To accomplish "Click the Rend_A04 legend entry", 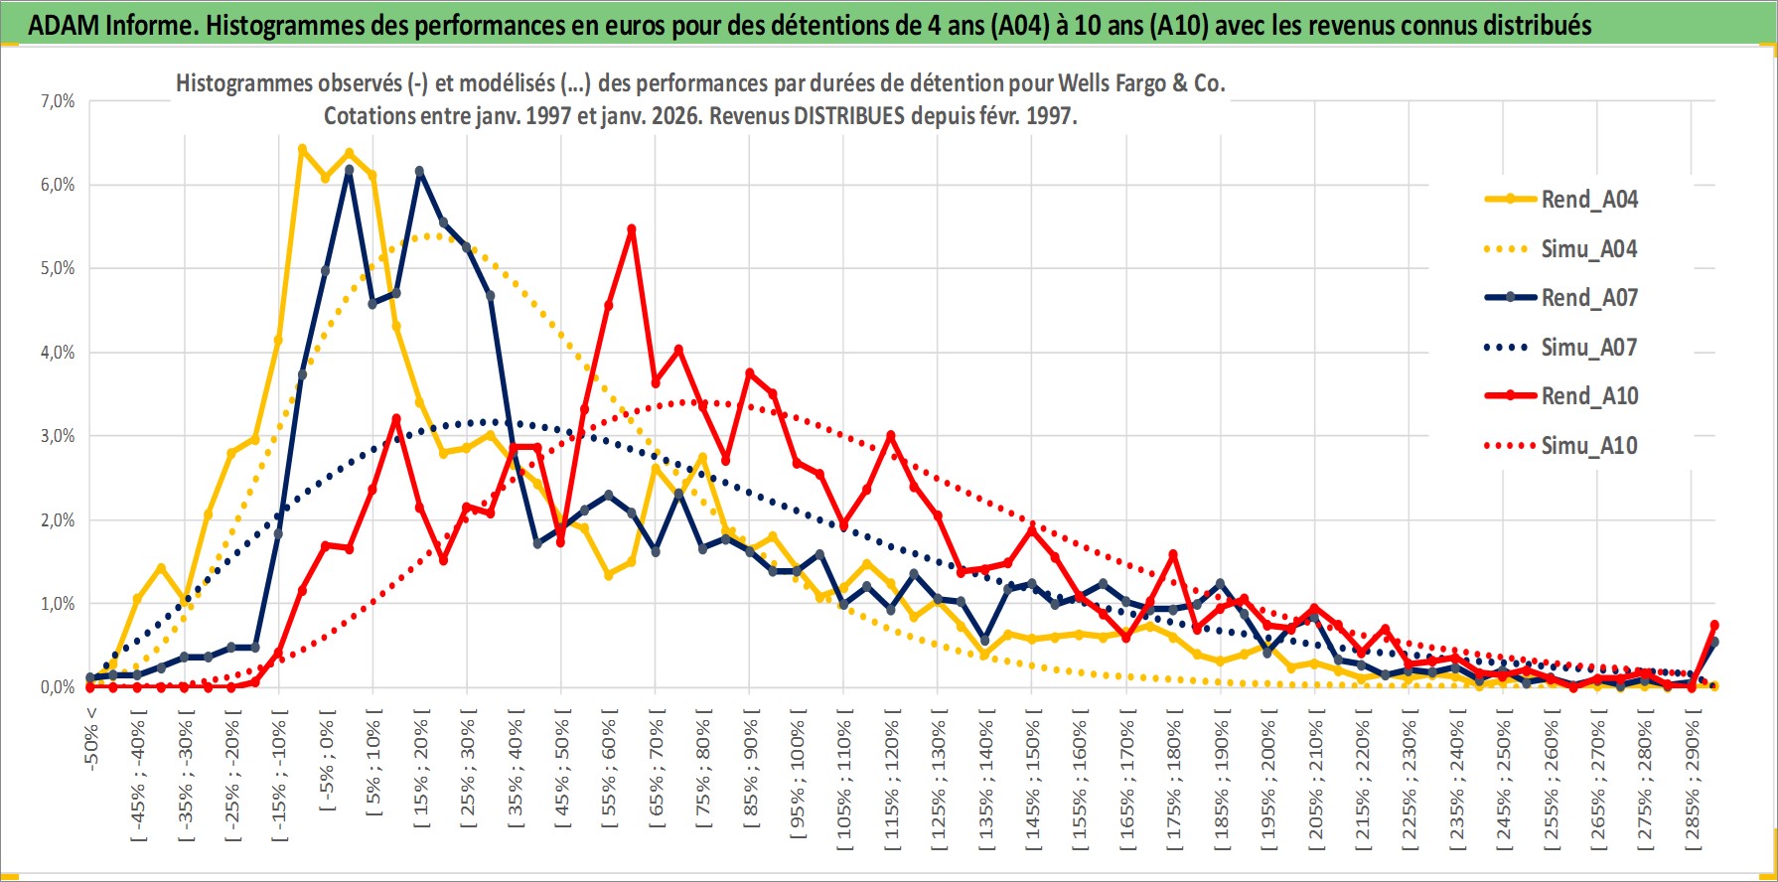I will [x=1588, y=200].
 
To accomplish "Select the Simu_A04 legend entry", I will [x=1588, y=249].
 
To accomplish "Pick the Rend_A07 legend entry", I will [x=1588, y=298].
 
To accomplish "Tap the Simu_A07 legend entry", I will [x=1588, y=348].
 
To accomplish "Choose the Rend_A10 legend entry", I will [x=1588, y=396].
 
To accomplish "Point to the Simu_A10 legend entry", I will [x=1588, y=446].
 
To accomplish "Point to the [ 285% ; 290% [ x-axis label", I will [x=1693, y=780].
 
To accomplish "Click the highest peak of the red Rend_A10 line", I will [x=632, y=229].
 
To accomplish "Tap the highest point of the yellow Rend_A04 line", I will [x=302, y=149].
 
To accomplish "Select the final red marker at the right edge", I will [x=1714, y=626].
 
